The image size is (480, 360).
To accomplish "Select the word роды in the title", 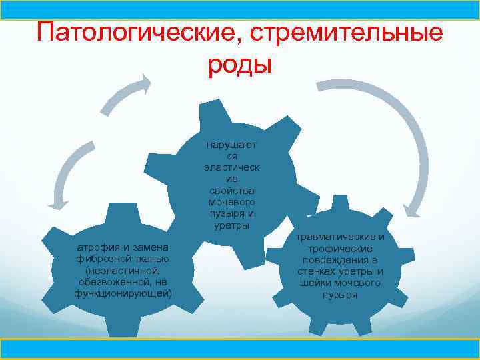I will pos(240,65).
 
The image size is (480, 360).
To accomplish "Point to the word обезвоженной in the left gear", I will pos(117,283).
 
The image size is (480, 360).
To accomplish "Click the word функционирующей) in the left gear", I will pos(123,294).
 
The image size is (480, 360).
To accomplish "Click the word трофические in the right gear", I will pos(340,249).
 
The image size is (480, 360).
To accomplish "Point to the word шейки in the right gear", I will pos(316,283).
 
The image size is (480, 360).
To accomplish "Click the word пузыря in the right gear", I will pos(340,294).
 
